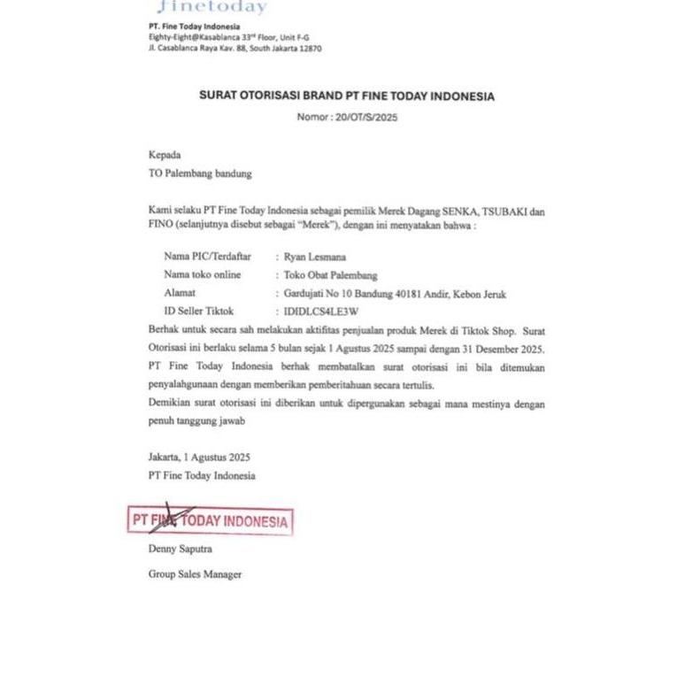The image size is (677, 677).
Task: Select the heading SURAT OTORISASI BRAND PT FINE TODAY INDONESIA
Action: tap(347, 96)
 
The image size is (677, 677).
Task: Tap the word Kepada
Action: tap(164, 154)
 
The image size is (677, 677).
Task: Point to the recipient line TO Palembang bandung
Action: tap(200, 173)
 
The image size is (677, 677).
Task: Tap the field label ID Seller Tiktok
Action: tap(199, 312)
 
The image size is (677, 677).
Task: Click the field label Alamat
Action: tap(180, 293)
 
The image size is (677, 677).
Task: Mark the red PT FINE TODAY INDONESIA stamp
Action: tap(210, 521)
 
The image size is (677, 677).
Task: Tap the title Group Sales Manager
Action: tap(195, 574)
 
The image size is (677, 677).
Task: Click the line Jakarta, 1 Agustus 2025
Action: tap(199, 458)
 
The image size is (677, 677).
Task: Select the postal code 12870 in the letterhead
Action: tap(310, 49)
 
